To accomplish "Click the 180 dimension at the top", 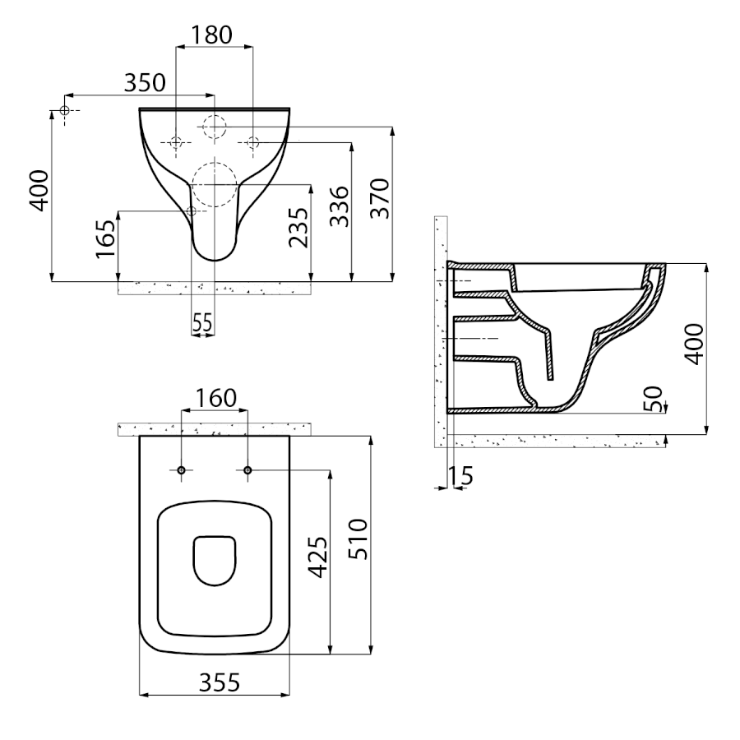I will (x=212, y=35).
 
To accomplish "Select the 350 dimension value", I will (x=145, y=82).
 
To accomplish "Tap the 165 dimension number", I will (x=104, y=238).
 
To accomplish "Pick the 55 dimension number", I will (x=202, y=323).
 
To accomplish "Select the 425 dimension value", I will (x=317, y=559).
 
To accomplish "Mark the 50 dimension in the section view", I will (x=654, y=399).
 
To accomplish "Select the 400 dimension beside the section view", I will (x=694, y=343).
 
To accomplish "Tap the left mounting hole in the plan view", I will (x=182, y=469).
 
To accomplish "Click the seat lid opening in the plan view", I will (x=215, y=561).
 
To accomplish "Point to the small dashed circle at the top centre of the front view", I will (x=215, y=127).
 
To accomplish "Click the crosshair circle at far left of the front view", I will (x=64, y=110).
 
